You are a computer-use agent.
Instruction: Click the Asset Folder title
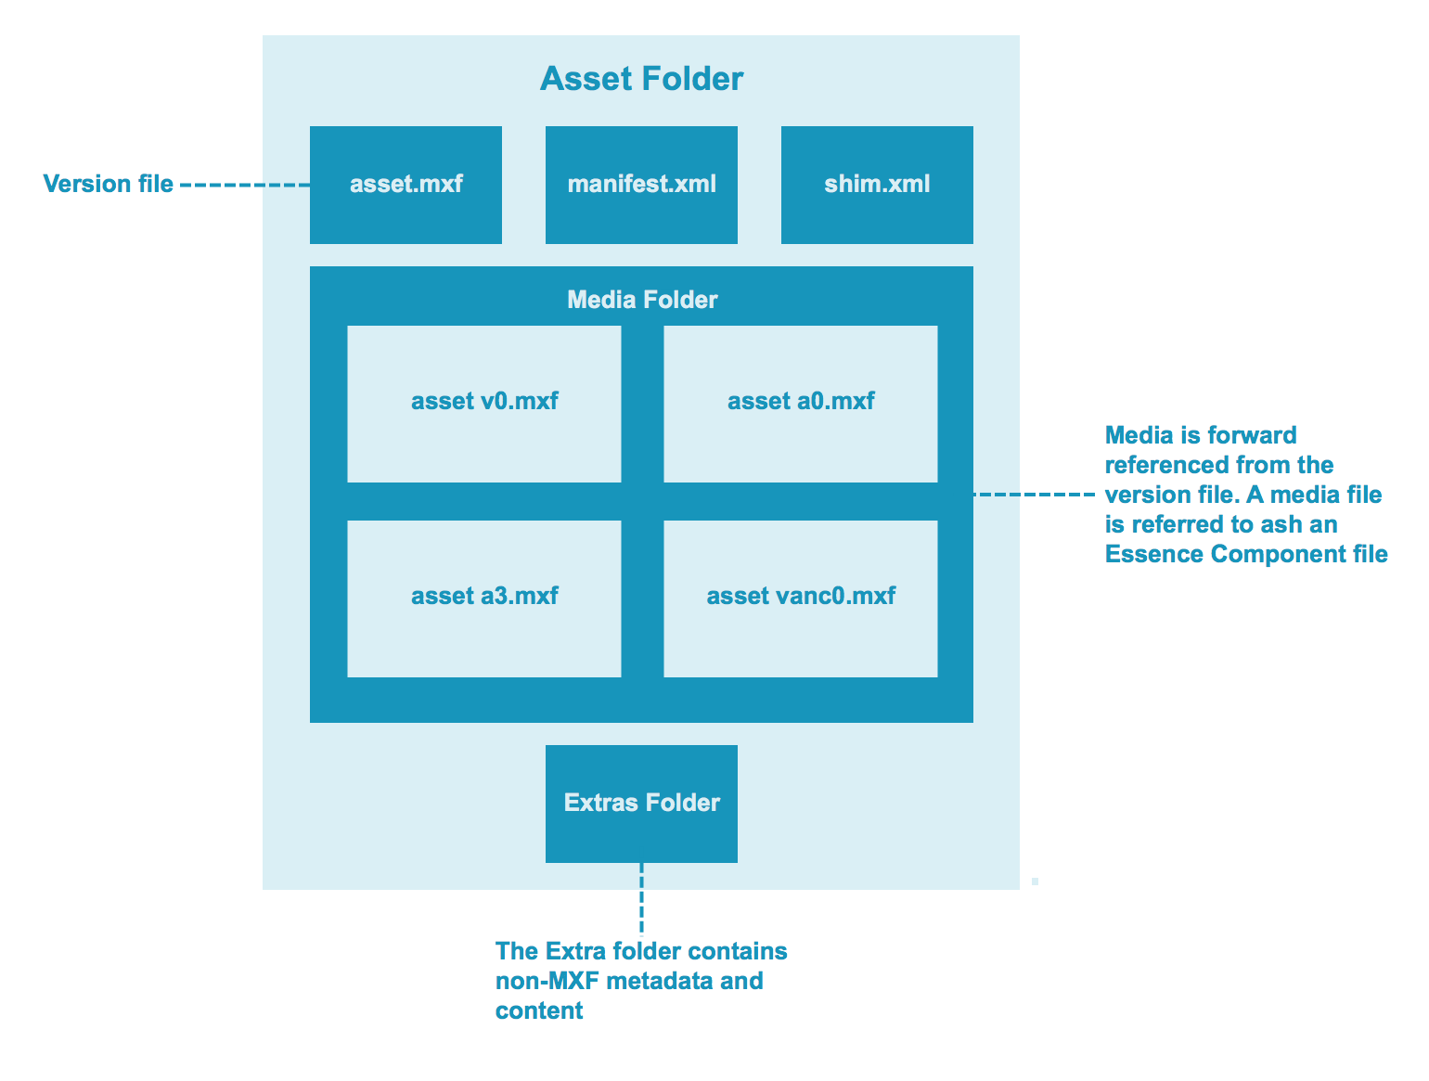point(641,79)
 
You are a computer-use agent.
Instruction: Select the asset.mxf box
point(406,185)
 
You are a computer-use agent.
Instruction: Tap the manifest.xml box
point(641,185)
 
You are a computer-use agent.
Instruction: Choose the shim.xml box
point(877,185)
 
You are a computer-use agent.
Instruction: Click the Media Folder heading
point(641,300)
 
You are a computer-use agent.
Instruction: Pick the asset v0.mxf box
point(483,403)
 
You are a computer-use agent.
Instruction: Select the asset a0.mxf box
point(800,403)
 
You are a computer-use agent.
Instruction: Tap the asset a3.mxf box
point(483,598)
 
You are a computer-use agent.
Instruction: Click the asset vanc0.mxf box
point(800,598)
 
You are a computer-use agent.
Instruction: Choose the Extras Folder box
point(641,804)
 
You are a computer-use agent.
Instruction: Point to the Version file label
point(108,185)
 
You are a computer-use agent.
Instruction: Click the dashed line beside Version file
point(244,186)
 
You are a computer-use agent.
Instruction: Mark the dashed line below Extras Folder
point(641,897)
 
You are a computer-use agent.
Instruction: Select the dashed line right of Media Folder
point(1035,495)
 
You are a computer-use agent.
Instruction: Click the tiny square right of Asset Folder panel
point(1035,882)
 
